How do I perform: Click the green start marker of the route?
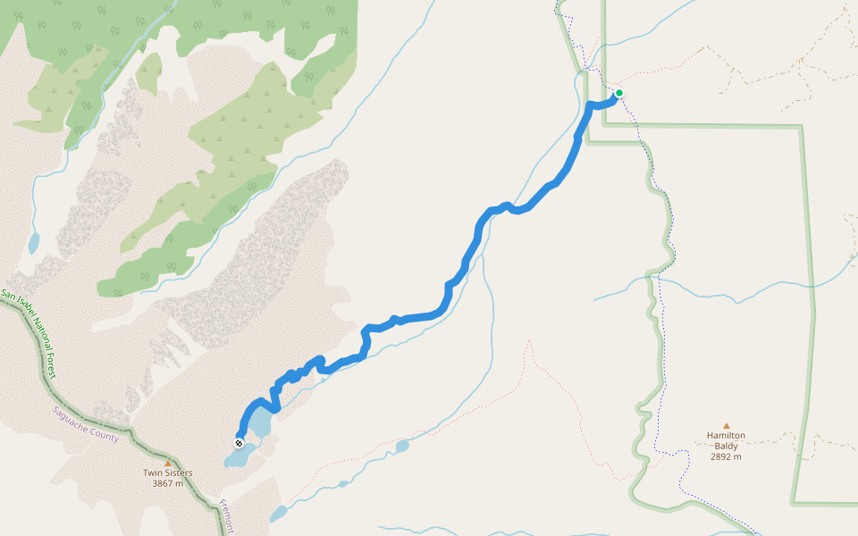point(618,93)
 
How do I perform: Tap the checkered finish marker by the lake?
point(239,443)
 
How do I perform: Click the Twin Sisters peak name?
point(167,473)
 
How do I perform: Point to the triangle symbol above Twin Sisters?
point(167,462)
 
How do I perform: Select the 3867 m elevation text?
point(167,483)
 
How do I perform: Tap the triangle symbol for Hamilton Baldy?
point(726,425)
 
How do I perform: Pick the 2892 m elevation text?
point(726,456)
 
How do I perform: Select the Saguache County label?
point(85,425)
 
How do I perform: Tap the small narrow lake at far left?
point(33,243)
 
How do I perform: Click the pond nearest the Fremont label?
point(279,515)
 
